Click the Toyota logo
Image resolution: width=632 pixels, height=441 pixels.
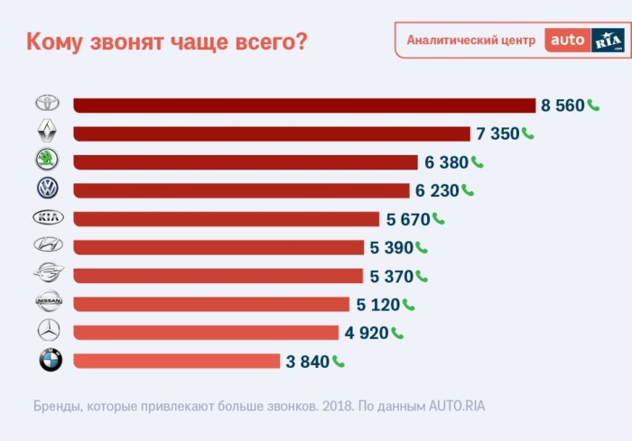(48, 105)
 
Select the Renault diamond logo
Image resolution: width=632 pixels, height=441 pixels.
(48, 133)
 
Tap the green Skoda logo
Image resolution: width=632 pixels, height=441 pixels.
(48, 161)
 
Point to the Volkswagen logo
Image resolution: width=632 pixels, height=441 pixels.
(48, 189)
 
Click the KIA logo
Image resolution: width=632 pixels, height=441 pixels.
(48, 218)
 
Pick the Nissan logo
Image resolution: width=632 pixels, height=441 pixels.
(48, 303)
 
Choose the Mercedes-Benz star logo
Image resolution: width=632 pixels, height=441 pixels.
(48, 331)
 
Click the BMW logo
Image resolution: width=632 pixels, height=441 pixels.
(50, 361)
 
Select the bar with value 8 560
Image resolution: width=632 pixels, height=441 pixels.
(304, 106)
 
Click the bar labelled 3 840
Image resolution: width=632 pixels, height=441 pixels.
(176, 361)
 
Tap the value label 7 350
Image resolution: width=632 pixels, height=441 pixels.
(497, 133)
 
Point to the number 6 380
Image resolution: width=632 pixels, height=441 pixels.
(446, 162)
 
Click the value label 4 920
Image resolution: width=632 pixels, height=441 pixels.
(366, 333)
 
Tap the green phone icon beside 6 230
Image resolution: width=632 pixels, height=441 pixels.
(467, 189)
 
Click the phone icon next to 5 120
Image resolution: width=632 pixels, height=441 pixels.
(408, 304)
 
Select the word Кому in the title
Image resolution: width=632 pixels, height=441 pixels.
(55, 41)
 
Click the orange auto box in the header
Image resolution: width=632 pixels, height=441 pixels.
(567, 41)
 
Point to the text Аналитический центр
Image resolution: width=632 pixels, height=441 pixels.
(470, 41)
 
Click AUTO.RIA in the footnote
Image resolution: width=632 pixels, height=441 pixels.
(458, 406)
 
